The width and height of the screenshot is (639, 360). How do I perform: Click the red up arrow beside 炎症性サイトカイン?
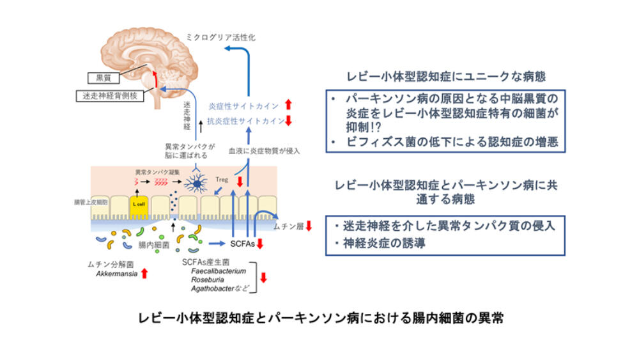(x=288, y=104)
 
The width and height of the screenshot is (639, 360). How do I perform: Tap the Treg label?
(x=222, y=180)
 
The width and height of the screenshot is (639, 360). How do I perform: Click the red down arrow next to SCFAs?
(x=261, y=243)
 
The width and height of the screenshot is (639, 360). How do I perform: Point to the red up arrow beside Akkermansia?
(x=144, y=274)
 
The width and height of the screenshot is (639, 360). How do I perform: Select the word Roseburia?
(x=207, y=279)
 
